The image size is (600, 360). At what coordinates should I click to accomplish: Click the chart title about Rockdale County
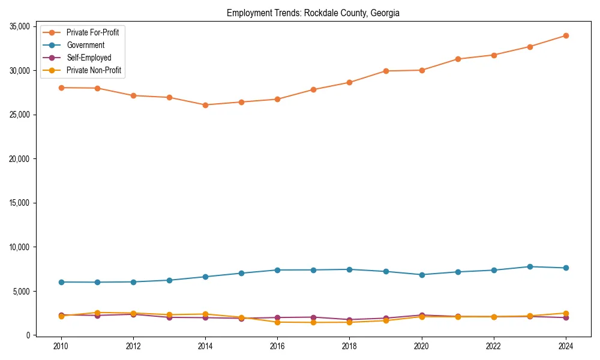(313, 13)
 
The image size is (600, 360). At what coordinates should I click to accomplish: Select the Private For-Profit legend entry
(92, 32)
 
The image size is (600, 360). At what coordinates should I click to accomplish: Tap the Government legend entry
(85, 45)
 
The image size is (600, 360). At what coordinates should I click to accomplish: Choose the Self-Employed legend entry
(88, 58)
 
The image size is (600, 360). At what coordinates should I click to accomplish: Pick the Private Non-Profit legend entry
(94, 70)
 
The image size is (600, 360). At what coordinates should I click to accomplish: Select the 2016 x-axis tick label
(277, 346)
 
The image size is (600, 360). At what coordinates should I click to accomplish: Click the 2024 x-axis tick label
(566, 346)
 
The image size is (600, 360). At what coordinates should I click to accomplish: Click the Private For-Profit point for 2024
(566, 35)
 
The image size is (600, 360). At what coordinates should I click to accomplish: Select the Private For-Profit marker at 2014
(205, 105)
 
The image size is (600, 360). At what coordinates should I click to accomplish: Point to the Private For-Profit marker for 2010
(61, 88)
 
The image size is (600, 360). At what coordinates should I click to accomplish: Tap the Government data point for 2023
(530, 266)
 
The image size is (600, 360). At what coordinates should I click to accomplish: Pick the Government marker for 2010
(61, 282)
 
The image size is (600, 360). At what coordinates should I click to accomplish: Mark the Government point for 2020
(422, 275)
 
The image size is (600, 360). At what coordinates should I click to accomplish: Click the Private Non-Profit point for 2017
(313, 323)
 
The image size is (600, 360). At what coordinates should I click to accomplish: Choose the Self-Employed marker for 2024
(566, 317)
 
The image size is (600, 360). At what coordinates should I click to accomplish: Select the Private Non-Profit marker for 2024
(566, 313)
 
